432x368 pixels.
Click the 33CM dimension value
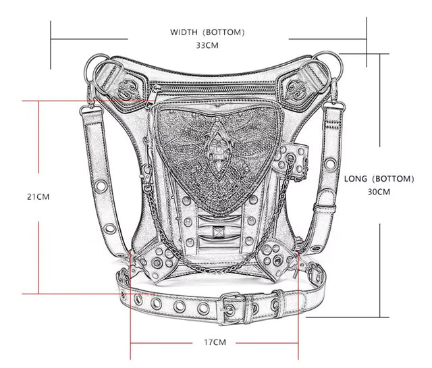207,45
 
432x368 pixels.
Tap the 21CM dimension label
38,196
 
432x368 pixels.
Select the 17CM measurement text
215,342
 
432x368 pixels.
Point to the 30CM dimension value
379,192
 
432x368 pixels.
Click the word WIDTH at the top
184,32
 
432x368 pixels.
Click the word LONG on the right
356,179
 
